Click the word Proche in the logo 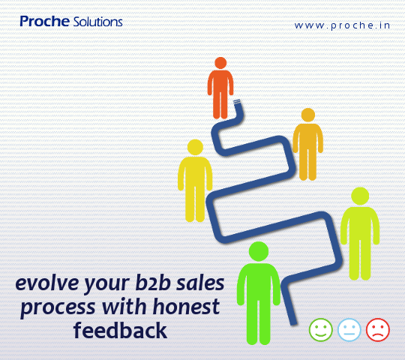click(x=44, y=22)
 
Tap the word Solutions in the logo click(x=98, y=22)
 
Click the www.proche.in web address click(x=343, y=25)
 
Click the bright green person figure click(x=258, y=292)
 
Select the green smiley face click(x=320, y=329)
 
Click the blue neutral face click(x=349, y=329)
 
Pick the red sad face click(x=377, y=329)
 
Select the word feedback click(x=120, y=330)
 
